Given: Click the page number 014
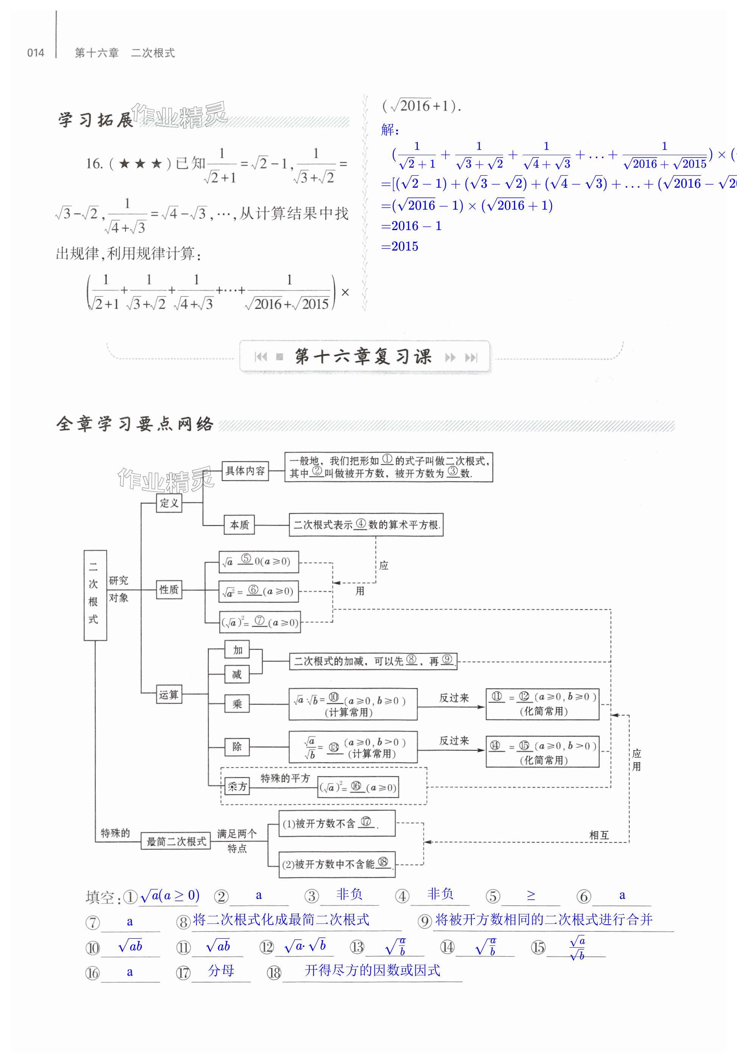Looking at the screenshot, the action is [x=36, y=53].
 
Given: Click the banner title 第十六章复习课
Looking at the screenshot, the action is [x=363, y=357].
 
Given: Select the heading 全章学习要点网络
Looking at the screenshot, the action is [x=134, y=424].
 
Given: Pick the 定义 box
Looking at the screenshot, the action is [x=168, y=503].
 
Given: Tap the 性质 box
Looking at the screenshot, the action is [x=168, y=590].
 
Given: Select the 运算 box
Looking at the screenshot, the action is [x=168, y=695].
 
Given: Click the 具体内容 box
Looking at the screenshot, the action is [x=245, y=471].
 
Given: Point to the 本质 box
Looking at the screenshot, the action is [x=239, y=525].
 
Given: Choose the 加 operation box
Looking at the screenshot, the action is [x=237, y=650].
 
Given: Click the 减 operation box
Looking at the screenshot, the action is [x=237, y=674].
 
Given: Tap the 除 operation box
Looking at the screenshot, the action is [x=237, y=747].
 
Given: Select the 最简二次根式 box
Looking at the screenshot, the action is [x=176, y=841].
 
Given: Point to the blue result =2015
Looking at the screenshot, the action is [x=400, y=246].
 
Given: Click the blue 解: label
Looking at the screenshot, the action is [x=390, y=130].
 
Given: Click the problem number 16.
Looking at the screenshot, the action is [x=94, y=164].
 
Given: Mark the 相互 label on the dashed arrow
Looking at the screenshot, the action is [x=599, y=835].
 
